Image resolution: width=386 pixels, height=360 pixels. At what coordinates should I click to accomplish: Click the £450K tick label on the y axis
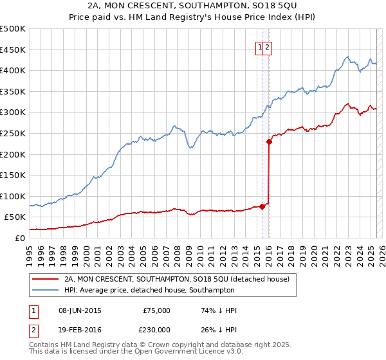coord(13,50)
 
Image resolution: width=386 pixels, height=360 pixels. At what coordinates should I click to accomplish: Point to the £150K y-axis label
coord(13,175)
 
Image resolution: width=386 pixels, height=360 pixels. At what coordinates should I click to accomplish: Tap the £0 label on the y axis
coord(20,238)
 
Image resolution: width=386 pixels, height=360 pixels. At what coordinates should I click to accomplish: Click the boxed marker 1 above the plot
coord(261,46)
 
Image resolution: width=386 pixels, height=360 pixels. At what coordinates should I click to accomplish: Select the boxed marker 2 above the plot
coord(268,46)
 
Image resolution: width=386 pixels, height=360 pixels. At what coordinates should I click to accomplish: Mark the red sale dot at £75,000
coord(262,206)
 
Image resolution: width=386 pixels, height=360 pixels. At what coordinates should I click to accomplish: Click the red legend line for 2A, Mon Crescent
coord(44,279)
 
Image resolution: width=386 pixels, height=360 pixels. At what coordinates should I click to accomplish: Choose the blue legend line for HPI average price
coord(44,290)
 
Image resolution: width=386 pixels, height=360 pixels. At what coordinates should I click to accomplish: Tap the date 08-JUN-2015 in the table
coord(80,310)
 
